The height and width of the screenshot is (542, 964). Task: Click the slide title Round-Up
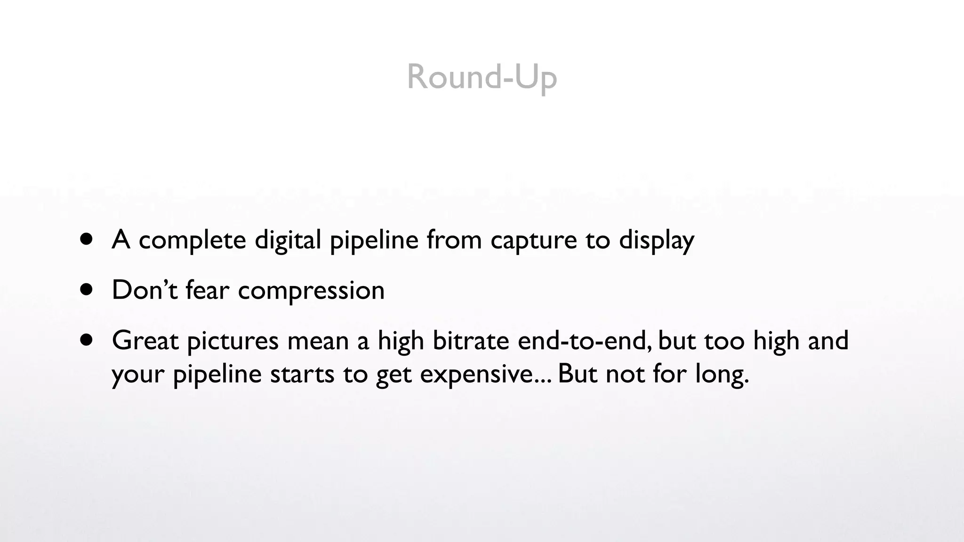(482, 77)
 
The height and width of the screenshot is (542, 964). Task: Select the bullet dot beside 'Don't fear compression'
(87, 289)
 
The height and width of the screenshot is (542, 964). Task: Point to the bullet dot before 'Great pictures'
(87, 340)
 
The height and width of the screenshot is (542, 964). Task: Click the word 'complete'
(192, 240)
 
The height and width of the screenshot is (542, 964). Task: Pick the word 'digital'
(288, 240)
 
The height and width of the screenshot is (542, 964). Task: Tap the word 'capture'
(533, 240)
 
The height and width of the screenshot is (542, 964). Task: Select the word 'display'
(656, 240)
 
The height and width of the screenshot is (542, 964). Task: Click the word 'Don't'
(145, 290)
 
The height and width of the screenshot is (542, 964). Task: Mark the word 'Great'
(145, 340)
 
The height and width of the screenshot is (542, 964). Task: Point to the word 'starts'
(302, 375)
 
